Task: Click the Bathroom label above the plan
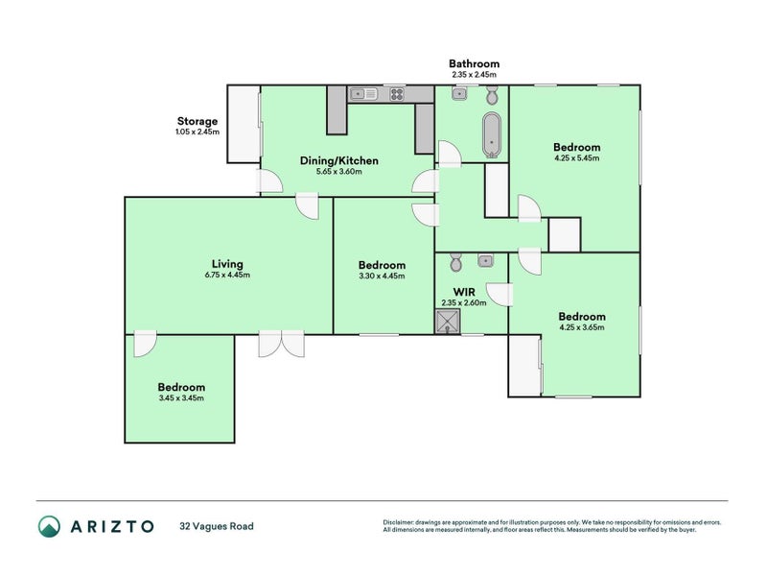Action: tap(475, 64)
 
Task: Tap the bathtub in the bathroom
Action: tap(492, 134)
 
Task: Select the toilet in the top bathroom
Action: tap(492, 95)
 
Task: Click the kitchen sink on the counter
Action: tap(363, 93)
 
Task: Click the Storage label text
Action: tap(197, 122)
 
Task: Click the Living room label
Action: tap(227, 263)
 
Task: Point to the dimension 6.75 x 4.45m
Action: tap(227, 276)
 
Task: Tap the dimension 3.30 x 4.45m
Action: tap(382, 276)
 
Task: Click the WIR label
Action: tap(464, 290)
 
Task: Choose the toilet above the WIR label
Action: tap(456, 262)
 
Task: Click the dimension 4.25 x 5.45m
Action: tap(576, 159)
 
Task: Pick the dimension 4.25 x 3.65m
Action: tap(581, 328)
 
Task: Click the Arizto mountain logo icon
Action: tap(49, 526)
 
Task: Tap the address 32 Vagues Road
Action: tap(217, 526)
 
